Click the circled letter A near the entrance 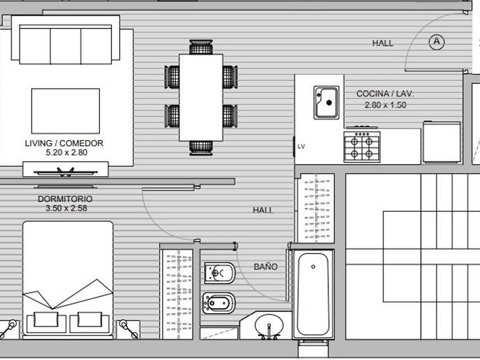(x=437, y=42)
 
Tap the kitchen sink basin (x=327, y=102)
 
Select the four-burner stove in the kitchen (x=362, y=147)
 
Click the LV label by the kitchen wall (x=301, y=146)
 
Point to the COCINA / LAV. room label (x=385, y=94)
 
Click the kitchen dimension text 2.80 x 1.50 (x=385, y=105)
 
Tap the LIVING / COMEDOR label (x=64, y=143)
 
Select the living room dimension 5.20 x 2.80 (x=66, y=153)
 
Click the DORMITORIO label (x=65, y=199)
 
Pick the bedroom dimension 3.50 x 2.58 (x=66, y=208)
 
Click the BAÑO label (x=266, y=267)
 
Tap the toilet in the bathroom (x=220, y=273)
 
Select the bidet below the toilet (x=219, y=303)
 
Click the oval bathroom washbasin (x=269, y=325)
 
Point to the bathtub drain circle (x=313, y=267)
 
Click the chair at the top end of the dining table (x=201, y=47)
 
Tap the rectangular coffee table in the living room (x=66, y=111)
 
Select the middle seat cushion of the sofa (x=66, y=46)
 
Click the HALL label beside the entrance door (x=383, y=43)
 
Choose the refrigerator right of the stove (x=442, y=142)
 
